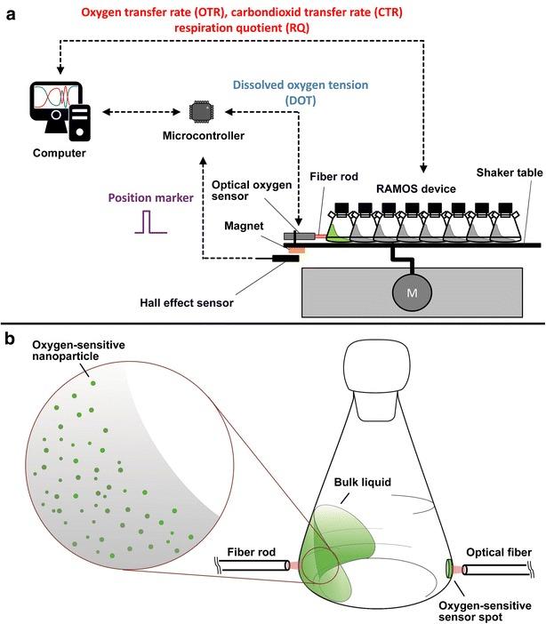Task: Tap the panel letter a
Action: pyautogui.click(x=9, y=11)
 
